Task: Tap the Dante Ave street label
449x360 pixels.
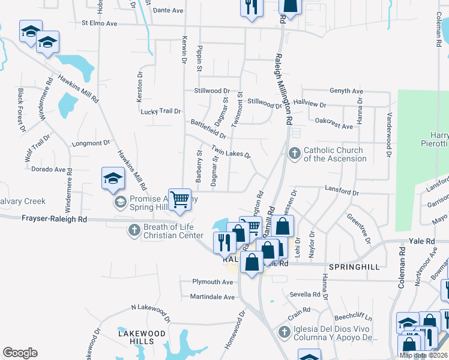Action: click(x=168, y=11)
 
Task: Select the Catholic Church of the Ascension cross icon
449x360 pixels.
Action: click(x=295, y=154)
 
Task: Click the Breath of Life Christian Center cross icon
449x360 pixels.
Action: click(x=134, y=230)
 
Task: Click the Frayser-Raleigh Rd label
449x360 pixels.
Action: click(x=55, y=220)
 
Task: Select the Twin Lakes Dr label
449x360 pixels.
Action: click(x=231, y=151)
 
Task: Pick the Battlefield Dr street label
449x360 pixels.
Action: click(x=208, y=128)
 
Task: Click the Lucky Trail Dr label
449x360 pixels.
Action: click(x=160, y=112)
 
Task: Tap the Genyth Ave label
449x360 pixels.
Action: click(x=346, y=91)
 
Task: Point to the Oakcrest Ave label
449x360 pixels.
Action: click(x=334, y=126)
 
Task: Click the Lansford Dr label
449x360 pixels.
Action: click(x=342, y=193)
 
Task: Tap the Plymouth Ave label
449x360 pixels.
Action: click(x=212, y=282)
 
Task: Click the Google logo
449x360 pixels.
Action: click(x=20, y=353)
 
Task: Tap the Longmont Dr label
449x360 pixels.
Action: click(x=91, y=143)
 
